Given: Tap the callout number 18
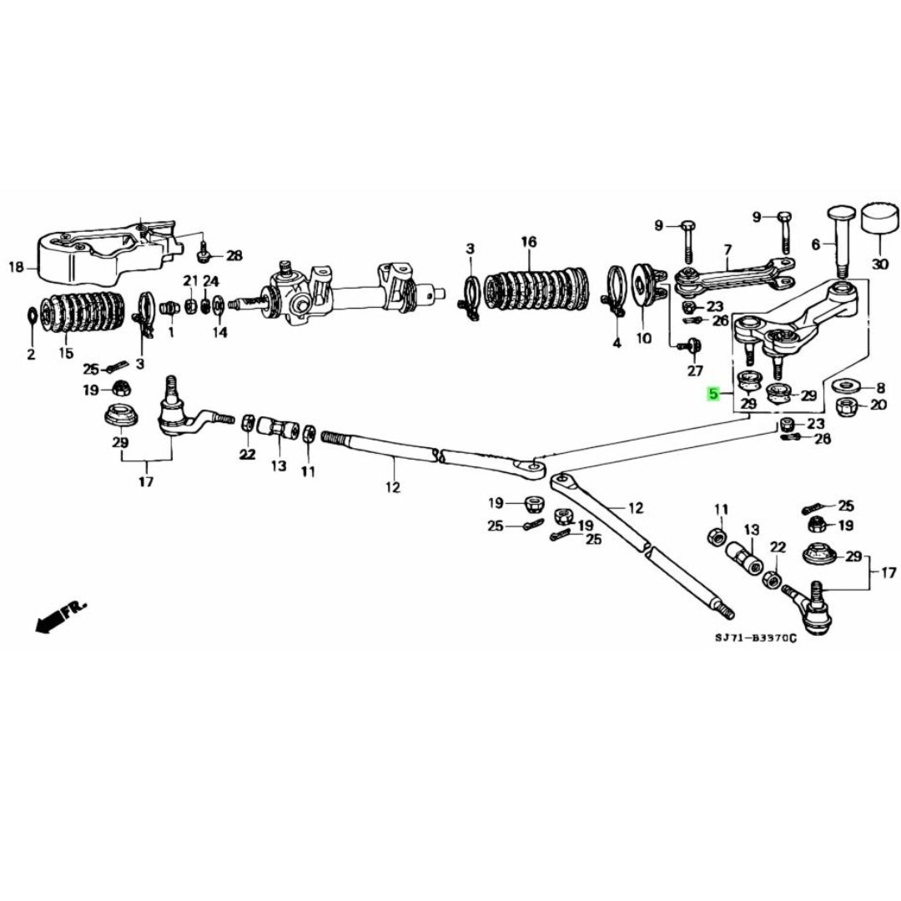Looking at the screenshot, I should [16, 268].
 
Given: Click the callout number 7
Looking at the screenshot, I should [727, 249].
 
